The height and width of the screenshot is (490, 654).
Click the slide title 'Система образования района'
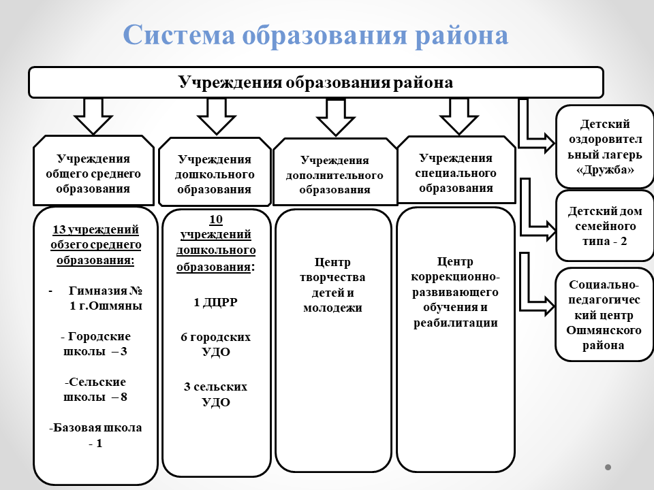315,35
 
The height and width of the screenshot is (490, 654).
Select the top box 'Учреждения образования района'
315,82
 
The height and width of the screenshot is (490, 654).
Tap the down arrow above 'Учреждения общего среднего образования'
93,116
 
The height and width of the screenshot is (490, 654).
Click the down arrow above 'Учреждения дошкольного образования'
217,116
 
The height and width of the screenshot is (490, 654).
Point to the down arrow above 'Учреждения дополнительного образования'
336,117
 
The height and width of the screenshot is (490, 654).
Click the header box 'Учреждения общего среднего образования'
93,174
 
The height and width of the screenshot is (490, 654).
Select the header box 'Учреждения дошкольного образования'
215,174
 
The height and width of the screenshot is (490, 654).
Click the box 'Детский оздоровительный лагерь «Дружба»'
605,146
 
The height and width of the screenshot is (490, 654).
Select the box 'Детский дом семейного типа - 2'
605,226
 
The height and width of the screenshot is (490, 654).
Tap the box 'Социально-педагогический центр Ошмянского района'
604,314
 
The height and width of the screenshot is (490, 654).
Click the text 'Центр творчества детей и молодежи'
333,284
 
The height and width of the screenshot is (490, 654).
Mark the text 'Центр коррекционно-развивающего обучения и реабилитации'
456,292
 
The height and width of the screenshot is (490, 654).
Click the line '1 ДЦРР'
215,303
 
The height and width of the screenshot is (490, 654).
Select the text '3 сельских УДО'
215,394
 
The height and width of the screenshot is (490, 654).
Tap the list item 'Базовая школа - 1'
95,436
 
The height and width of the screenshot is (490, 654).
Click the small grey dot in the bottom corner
608,468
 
